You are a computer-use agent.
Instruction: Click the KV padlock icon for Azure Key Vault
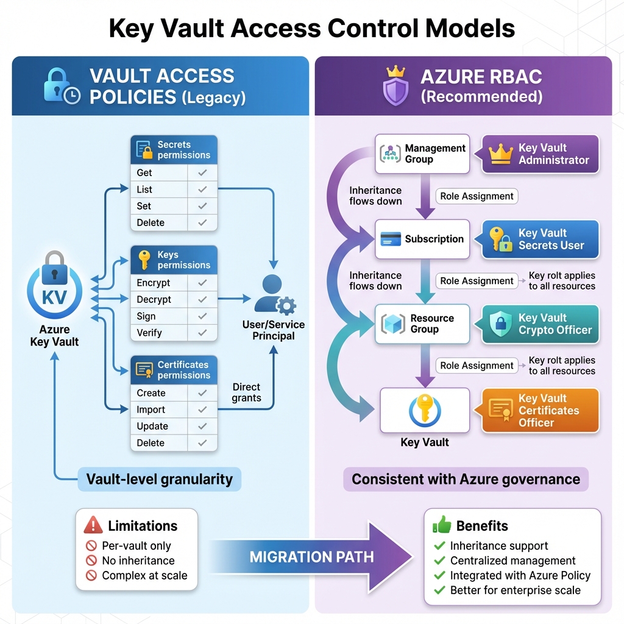tap(54, 286)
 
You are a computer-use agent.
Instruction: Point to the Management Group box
tap(422, 154)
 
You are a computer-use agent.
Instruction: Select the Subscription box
tap(422, 239)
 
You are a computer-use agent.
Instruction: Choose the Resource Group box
tap(422, 324)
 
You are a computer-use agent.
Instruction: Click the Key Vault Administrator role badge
tap(541, 154)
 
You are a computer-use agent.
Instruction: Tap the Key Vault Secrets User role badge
tap(541, 239)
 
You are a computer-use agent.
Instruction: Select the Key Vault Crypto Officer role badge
tap(541, 324)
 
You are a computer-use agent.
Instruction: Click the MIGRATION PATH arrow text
tap(311, 556)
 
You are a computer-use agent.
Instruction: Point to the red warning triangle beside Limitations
tap(93, 525)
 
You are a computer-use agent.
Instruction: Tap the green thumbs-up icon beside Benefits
tap(442, 525)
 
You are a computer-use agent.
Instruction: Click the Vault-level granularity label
tap(160, 479)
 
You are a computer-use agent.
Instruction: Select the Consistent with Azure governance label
tap(466, 479)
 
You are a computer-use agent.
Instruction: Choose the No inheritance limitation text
tap(138, 561)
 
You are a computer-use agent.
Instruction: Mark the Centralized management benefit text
tap(512, 561)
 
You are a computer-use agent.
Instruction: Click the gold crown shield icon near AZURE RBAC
tap(395, 86)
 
